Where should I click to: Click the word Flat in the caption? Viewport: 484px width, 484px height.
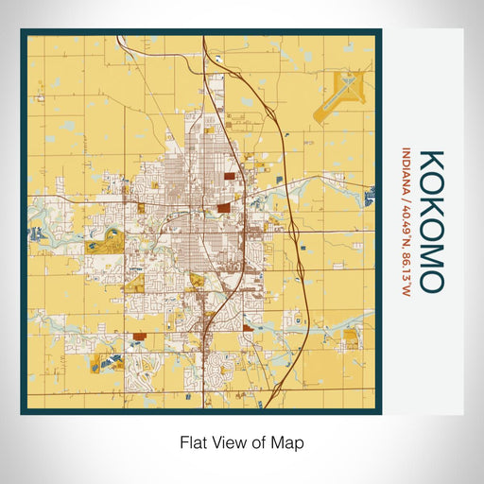pos(193,441)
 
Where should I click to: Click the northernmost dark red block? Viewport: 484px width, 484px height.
pos(232,175)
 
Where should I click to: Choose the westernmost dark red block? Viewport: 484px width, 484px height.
pos(140,334)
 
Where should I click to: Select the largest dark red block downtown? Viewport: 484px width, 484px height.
pos(223,208)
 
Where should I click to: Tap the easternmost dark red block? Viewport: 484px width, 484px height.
pos(248,328)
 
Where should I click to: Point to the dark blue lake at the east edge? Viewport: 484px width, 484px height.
pos(369,198)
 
